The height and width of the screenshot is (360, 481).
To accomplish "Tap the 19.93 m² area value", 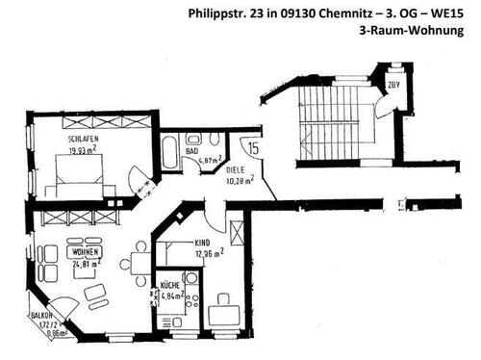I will (x=84, y=150).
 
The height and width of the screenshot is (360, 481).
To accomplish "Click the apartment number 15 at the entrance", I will (x=252, y=149).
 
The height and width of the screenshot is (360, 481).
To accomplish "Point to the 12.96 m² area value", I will (x=208, y=255).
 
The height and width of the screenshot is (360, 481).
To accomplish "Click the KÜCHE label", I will (x=170, y=286).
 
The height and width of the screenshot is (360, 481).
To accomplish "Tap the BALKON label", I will (x=43, y=315).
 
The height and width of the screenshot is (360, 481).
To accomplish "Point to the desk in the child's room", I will (x=224, y=313).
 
